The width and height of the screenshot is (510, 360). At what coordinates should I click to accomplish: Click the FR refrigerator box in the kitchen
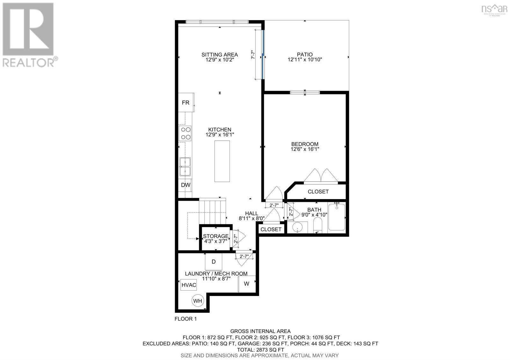coord(186,102)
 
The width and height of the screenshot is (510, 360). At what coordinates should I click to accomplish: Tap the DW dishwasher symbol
coord(186,185)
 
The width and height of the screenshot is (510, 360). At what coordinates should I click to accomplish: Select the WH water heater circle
coord(197,300)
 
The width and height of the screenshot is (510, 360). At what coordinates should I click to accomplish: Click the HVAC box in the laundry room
coord(189,285)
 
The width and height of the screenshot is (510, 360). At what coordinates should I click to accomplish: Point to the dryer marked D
coord(214,262)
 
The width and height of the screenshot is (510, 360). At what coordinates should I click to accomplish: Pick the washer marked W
coord(247,283)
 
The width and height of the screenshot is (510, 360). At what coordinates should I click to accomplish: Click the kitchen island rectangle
coord(222,161)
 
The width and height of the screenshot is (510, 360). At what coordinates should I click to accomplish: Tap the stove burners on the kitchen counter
coord(185,133)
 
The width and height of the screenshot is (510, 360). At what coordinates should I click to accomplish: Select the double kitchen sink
coord(185,167)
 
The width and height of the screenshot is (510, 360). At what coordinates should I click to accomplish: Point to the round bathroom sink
coord(298,228)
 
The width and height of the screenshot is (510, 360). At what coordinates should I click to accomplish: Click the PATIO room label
coord(304,54)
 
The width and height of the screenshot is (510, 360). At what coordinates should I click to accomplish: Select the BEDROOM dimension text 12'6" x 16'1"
coord(305,149)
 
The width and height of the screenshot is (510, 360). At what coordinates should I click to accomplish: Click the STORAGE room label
coord(216,236)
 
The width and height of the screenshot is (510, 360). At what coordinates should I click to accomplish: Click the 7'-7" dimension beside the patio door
coord(253,54)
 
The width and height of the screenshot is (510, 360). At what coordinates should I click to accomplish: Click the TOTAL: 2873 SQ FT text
coord(260,349)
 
